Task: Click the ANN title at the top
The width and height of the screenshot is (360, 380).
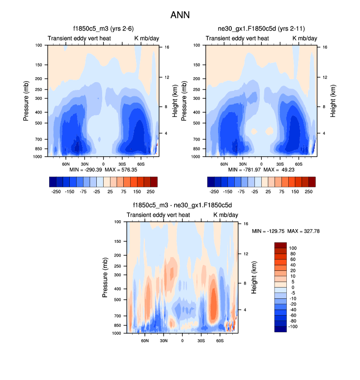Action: click(x=180, y=15)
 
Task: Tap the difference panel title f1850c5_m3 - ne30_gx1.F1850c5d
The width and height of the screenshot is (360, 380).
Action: click(x=182, y=206)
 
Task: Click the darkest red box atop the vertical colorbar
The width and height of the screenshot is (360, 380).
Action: click(x=280, y=245)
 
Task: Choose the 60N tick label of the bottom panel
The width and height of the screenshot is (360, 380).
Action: click(x=145, y=340)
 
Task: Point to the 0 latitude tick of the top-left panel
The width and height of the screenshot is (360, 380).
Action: click(x=103, y=164)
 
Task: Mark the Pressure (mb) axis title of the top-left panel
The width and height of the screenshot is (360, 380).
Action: click(x=27, y=101)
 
